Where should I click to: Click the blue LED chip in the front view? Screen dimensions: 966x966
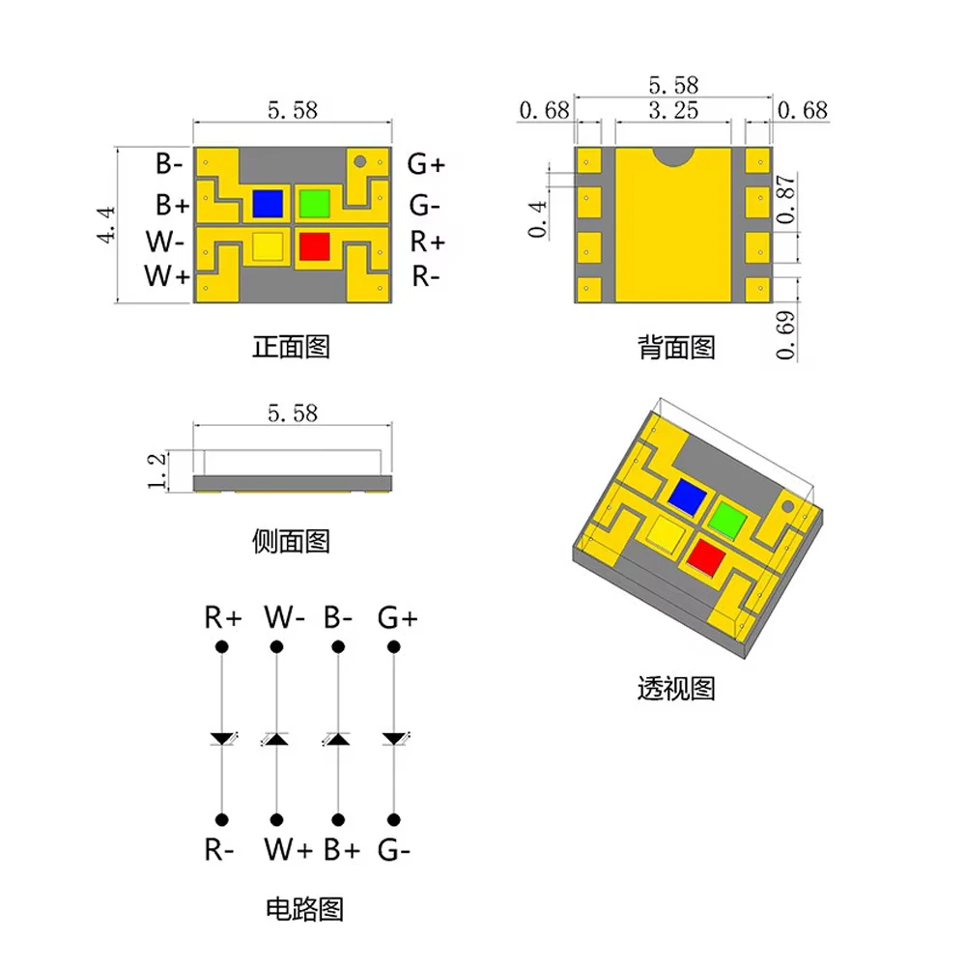(x=268, y=203)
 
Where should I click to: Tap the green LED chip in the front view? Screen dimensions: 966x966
(x=314, y=203)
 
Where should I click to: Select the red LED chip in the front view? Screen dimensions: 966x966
(x=314, y=246)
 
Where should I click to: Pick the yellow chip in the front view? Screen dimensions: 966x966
(x=268, y=246)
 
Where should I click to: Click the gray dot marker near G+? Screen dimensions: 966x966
(x=360, y=161)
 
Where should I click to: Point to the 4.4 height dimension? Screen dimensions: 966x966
(x=106, y=225)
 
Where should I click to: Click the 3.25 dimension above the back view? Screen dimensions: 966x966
(x=673, y=111)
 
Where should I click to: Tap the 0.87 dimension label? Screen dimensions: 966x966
(x=786, y=200)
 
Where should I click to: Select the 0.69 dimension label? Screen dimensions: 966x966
(x=786, y=335)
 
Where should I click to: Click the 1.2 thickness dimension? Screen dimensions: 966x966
(x=157, y=471)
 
